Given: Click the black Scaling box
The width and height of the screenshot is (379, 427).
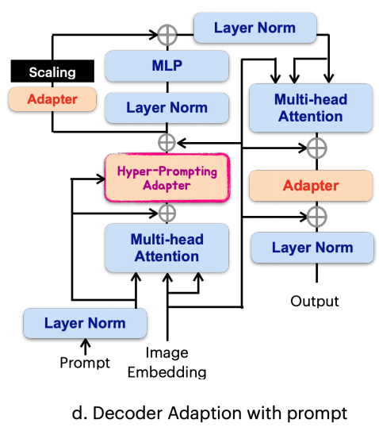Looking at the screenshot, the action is coord(52,71).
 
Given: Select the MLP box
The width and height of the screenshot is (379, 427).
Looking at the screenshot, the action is coord(167,66).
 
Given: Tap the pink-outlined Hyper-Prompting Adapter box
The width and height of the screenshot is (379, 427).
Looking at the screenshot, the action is coord(167,178).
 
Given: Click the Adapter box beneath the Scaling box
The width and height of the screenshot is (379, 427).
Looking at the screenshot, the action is coord(52,99).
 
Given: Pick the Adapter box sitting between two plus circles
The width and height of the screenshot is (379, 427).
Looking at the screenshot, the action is coord(311,186).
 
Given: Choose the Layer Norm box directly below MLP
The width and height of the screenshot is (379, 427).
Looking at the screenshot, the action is coord(167,108).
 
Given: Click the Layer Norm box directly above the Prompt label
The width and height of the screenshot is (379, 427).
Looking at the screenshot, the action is coord(85,323).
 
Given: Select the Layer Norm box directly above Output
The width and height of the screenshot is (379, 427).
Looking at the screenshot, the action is coord(312,248).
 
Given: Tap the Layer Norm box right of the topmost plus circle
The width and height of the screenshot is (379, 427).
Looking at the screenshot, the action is coord(255,28).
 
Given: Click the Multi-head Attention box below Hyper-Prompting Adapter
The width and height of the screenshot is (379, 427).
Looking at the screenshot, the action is coord(167,248).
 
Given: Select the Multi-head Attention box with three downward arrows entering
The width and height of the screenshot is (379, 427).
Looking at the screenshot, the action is coord(311,108).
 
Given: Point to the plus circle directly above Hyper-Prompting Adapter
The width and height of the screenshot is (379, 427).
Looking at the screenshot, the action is coord(167,142).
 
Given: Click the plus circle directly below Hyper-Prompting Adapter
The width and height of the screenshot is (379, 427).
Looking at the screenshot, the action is coord(167,213).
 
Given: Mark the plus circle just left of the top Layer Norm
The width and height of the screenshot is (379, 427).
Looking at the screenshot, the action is coord(167,35).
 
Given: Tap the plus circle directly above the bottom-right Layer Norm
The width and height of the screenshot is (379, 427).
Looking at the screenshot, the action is coord(316,217).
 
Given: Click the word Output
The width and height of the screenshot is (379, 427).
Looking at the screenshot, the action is coord(315,301).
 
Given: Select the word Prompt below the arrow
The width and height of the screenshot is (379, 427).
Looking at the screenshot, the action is coord(85,363).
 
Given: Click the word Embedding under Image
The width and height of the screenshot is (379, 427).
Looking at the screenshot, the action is coord(167,372).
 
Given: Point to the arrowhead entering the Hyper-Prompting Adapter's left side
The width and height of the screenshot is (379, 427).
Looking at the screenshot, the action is coord(101,179).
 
